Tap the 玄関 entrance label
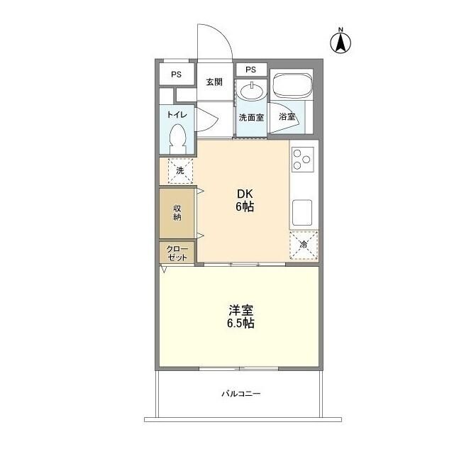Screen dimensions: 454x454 tap(214, 82)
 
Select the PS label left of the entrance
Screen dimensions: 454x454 tap(175, 74)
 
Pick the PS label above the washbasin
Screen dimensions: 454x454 tap(250, 70)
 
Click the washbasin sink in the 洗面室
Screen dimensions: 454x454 tap(250, 92)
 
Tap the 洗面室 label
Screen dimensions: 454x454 tap(250, 118)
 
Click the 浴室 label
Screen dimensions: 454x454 tap(287, 117)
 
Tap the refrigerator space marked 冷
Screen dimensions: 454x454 tap(303, 245)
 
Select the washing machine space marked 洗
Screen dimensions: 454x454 tap(179, 171)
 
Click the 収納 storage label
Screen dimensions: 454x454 tap(177, 213)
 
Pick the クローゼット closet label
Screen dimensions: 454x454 tap(177, 253)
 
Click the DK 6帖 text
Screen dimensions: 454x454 tap(245, 200)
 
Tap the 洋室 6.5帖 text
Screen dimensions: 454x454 tap(241, 316)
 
